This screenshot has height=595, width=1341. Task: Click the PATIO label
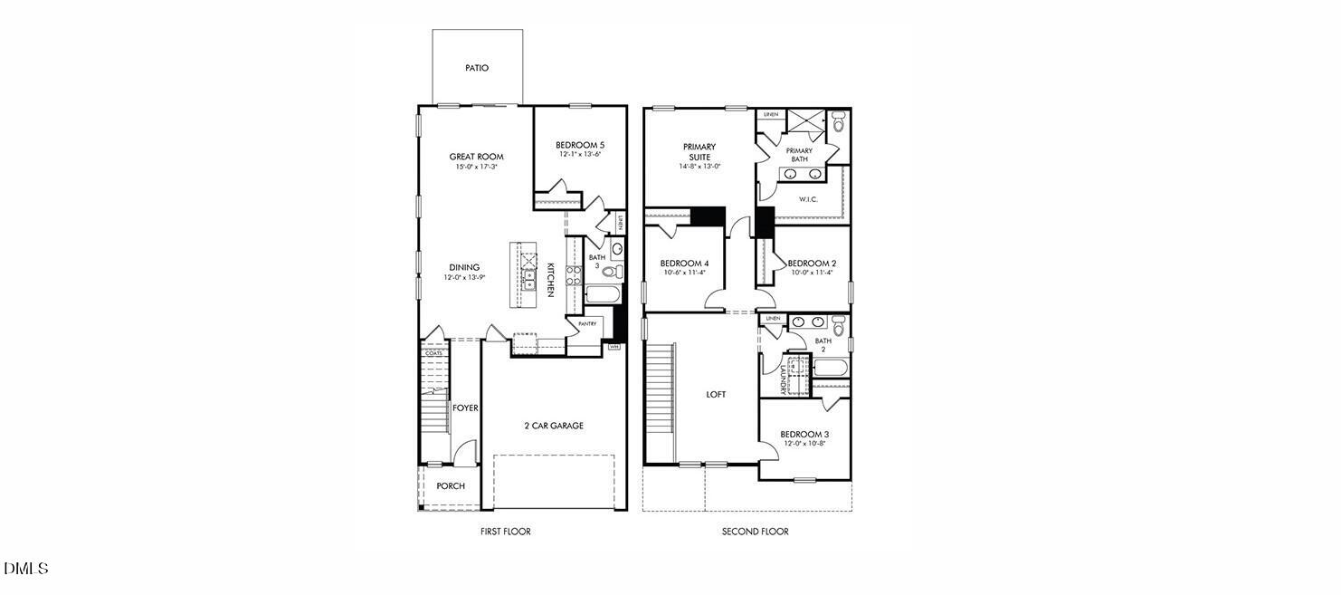(x=476, y=68)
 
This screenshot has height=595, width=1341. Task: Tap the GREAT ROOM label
(x=476, y=157)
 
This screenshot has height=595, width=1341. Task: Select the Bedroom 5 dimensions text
(x=580, y=154)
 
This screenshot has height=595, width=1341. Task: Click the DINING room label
(x=465, y=267)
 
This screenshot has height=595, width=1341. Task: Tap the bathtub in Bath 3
(x=602, y=293)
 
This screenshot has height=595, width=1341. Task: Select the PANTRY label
(x=587, y=323)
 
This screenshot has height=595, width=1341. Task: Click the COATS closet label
(x=434, y=353)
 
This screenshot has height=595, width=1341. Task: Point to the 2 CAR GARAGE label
(x=554, y=426)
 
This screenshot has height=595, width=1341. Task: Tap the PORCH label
(x=451, y=486)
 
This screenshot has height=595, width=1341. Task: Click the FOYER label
(x=465, y=408)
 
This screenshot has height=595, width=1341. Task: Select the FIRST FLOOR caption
(x=505, y=532)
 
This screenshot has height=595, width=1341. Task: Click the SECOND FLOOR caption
(x=755, y=532)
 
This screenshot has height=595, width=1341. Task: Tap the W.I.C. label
(x=808, y=199)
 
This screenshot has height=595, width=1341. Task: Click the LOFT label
(x=717, y=394)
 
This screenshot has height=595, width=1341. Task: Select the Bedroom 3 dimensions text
(x=804, y=444)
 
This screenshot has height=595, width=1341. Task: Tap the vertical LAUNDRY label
(x=783, y=379)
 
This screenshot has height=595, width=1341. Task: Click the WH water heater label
(x=613, y=347)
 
